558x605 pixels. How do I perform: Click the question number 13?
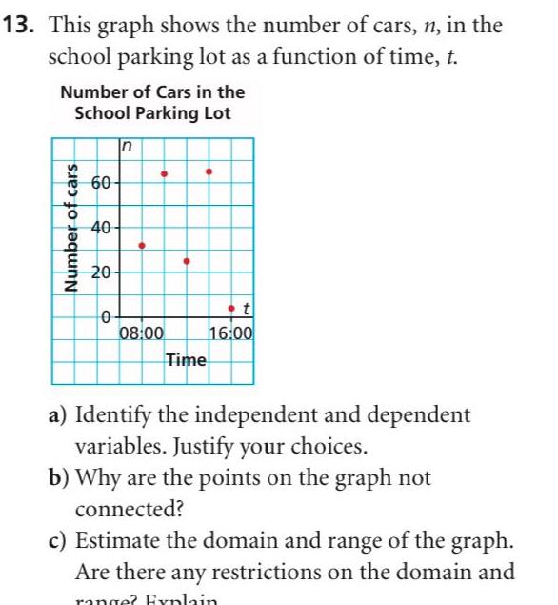(20, 25)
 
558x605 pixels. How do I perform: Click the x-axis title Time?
(186, 359)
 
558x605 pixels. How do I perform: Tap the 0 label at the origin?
(107, 315)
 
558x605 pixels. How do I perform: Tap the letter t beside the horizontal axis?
(246, 308)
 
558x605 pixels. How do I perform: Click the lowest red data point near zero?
(231, 309)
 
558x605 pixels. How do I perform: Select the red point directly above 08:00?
(142, 246)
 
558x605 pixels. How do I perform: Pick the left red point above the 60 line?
(164, 173)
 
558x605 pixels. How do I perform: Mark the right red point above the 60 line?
(209, 172)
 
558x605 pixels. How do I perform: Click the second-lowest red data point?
(187, 260)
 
